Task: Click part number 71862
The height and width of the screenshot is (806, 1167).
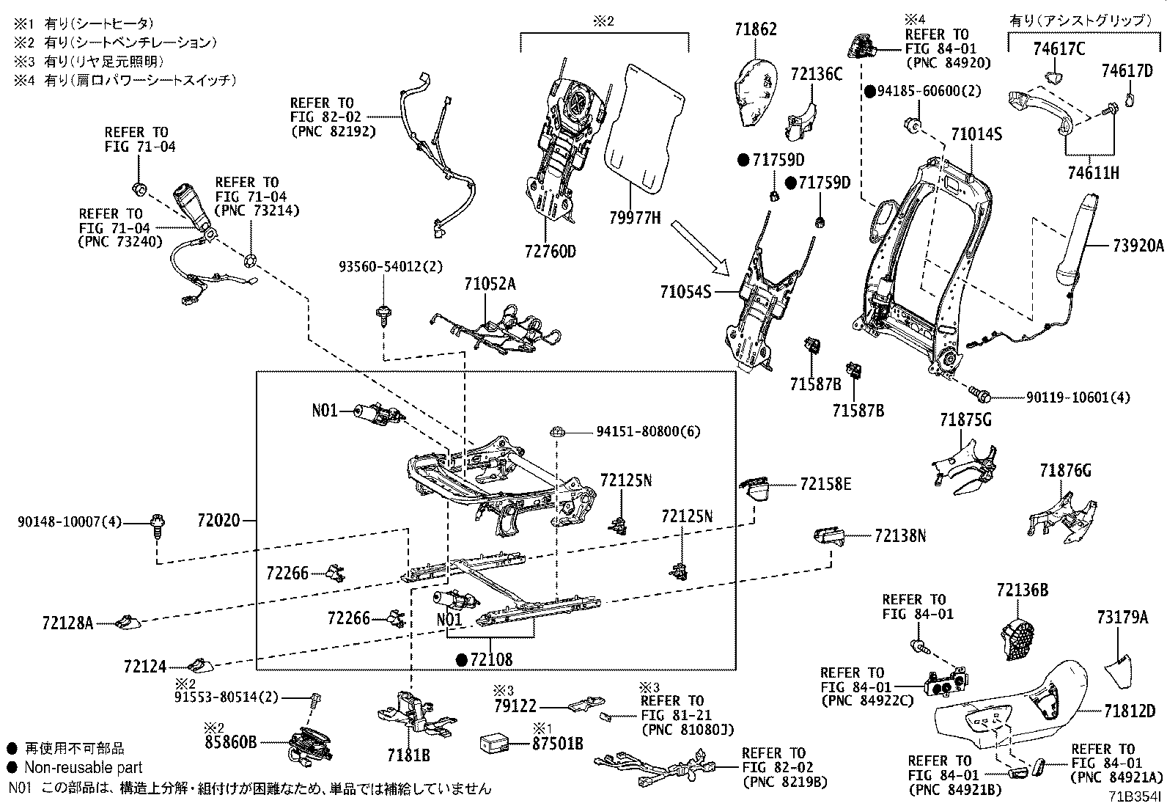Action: pyautogui.click(x=756, y=29)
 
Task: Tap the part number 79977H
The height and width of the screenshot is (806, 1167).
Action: pyautogui.click(x=635, y=218)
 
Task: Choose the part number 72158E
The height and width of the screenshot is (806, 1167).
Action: pyautogui.click(x=825, y=485)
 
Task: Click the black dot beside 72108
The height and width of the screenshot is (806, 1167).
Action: pyautogui.click(x=462, y=659)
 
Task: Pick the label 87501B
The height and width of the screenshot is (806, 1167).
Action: pyautogui.click(x=558, y=744)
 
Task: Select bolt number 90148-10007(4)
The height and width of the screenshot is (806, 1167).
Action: pyautogui.click(x=70, y=522)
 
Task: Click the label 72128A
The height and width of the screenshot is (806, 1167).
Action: pyautogui.click(x=67, y=624)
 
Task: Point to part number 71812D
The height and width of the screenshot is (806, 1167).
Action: pyautogui.click(x=1129, y=710)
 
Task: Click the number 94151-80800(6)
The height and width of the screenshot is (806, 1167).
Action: pyautogui.click(x=647, y=431)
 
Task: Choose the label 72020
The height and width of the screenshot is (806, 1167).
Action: pyautogui.click(x=218, y=521)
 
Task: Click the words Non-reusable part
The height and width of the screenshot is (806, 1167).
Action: pyautogui.click(x=84, y=768)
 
